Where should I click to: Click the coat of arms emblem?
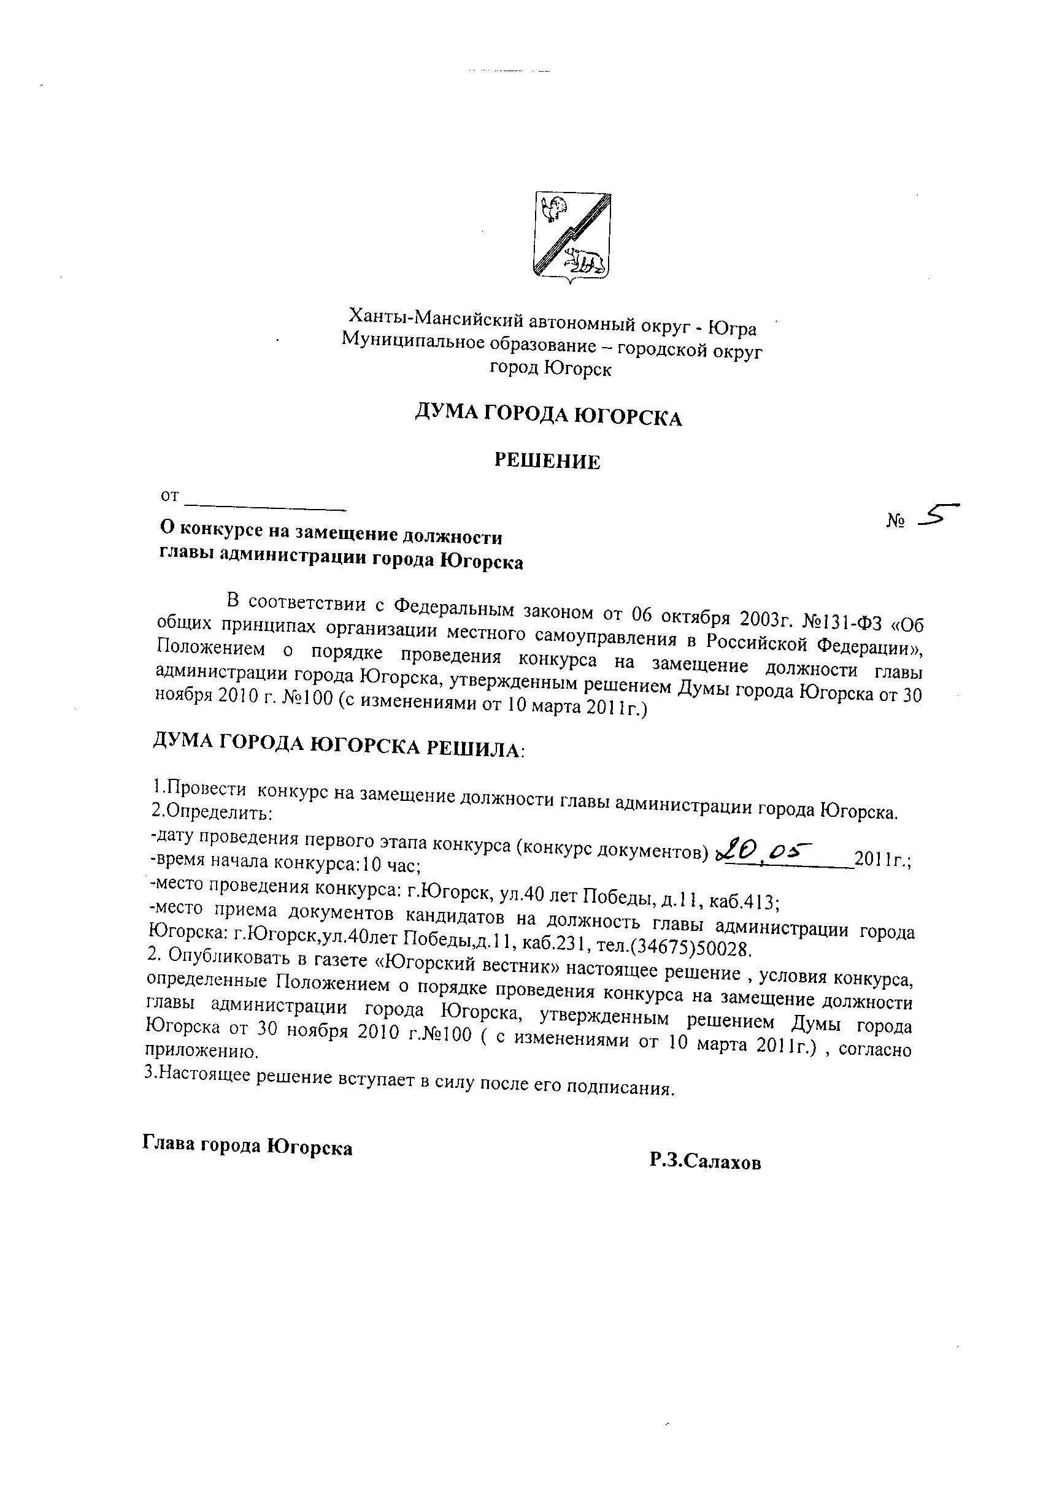572,237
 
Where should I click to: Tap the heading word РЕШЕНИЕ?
547,461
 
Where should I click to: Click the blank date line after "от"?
265,502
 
